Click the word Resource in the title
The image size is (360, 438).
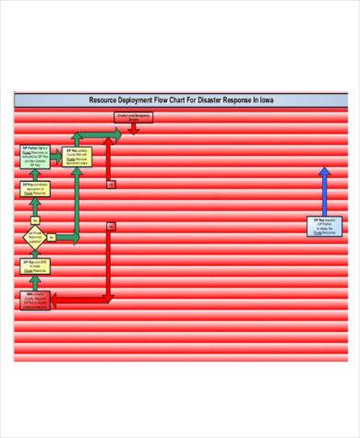tap(103, 101)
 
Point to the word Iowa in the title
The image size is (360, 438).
tap(273, 101)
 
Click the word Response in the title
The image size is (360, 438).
tap(253, 101)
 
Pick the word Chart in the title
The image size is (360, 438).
tap(190, 101)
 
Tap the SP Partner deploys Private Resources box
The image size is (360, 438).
tap(36, 156)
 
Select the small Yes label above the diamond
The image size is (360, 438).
tap(36, 219)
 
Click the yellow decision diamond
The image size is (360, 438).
tap(35, 238)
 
